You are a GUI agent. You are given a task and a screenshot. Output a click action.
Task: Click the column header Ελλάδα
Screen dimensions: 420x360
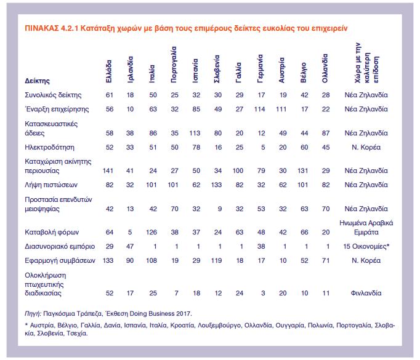[109, 71]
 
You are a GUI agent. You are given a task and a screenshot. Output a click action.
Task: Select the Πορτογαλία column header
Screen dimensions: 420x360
[174, 65]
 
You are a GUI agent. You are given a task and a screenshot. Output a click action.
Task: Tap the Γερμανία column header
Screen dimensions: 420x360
[260, 68]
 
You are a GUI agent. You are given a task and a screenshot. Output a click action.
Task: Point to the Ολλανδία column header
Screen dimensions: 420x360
[325, 68]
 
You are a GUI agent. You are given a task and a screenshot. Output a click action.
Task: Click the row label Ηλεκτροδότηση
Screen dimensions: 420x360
[49, 148]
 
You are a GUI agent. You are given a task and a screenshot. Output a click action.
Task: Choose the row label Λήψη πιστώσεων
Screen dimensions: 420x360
[51, 185]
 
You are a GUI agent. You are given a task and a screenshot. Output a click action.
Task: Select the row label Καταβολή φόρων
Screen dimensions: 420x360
[52, 233]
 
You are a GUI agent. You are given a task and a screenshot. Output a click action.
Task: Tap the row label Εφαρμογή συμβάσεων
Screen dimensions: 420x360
[60, 261]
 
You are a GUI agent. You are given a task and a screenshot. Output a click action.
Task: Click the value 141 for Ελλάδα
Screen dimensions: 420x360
[108, 170]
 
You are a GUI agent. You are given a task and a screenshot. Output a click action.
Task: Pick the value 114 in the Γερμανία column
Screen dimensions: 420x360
[259, 109]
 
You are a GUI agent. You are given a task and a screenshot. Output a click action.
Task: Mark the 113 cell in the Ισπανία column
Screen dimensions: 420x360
[195, 134]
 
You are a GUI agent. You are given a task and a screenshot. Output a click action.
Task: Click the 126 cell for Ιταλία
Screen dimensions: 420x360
[151, 233]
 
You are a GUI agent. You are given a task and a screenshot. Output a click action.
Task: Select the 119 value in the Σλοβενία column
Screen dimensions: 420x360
[216, 261]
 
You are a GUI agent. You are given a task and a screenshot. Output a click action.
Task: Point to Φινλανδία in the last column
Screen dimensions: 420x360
[366, 294]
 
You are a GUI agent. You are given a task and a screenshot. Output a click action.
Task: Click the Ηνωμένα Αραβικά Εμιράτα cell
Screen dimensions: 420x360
[366, 228]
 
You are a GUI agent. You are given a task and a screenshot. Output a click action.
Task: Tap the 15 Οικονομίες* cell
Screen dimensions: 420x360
[366, 247]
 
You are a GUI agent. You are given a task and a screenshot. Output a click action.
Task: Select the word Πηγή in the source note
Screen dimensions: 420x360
[33, 314]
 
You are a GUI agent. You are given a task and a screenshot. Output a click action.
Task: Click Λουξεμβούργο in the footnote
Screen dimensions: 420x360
[219, 326]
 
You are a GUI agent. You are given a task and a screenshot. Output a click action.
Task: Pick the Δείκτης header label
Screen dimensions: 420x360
[37, 81]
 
